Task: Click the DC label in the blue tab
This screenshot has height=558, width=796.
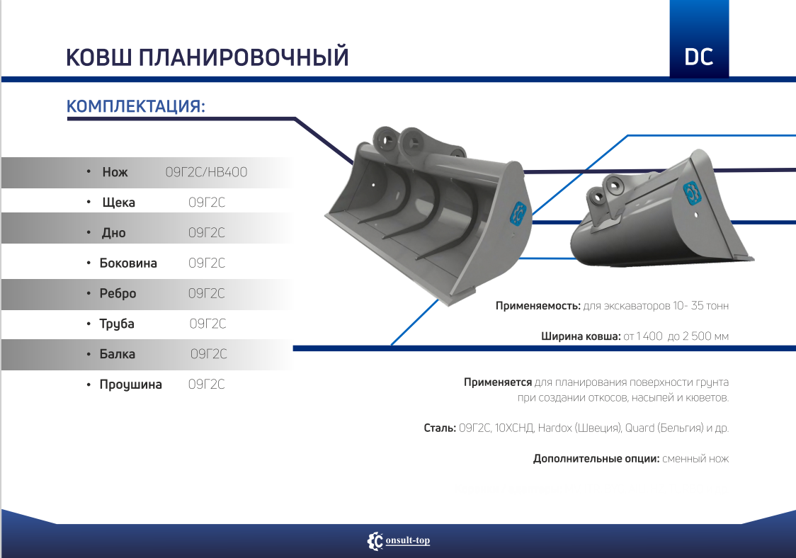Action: click(x=698, y=57)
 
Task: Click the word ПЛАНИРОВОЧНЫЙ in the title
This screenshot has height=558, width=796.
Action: click(x=244, y=57)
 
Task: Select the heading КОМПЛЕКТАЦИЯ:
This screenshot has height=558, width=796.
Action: click(x=136, y=107)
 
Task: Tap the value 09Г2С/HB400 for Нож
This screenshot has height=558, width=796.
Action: click(x=207, y=172)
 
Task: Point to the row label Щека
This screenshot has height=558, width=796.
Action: click(x=119, y=203)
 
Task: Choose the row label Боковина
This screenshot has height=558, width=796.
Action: click(x=128, y=263)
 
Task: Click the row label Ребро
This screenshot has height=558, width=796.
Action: click(x=118, y=293)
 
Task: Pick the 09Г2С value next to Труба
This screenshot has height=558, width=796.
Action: click(x=207, y=324)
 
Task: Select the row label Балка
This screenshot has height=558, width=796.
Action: click(x=118, y=354)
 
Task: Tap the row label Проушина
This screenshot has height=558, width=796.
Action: click(x=130, y=385)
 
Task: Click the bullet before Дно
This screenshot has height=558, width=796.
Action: click(x=89, y=232)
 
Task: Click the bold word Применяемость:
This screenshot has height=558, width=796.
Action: click(x=538, y=306)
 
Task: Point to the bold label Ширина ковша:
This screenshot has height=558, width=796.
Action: click(x=581, y=336)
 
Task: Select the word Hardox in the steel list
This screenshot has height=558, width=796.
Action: click(x=555, y=428)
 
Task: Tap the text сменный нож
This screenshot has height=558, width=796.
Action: click(x=695, y=458)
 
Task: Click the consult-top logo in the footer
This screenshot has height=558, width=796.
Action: click(x=399, y=541)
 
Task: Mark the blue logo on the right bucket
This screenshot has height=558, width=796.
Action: click(x=690, y=193)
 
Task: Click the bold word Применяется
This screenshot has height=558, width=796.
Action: click(x=497, y=382)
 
